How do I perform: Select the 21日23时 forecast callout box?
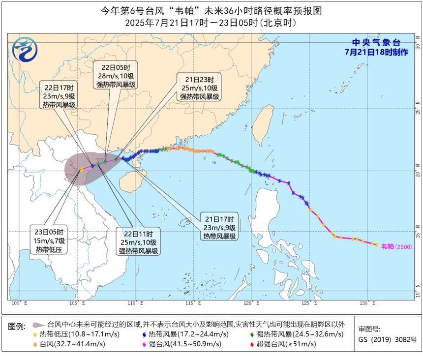tap(199, 88)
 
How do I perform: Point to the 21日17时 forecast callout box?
tap(219, 227)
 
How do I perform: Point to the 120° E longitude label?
tap(251, 303)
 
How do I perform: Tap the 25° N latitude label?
tap(418, 110)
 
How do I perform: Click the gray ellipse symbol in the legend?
tap(38, 325)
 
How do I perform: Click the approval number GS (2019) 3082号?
tap(387, 339)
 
